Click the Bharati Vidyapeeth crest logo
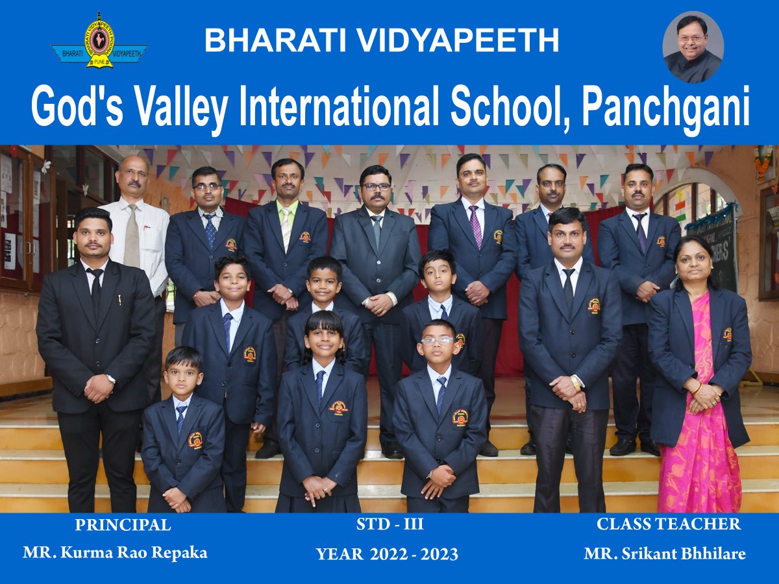coord(99,42)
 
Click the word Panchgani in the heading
coord(665,106)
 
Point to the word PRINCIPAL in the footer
coord(123,525)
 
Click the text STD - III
coord(389,524)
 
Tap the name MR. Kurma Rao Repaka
coord(115,553)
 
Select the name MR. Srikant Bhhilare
coord(664,554)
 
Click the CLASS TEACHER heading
coord(669,524)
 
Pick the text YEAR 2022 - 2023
coord(387,554)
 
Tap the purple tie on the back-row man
coord(475,226)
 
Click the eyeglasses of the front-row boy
coord(438,341)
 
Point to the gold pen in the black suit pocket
coord(119,300)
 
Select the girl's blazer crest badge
coord(338,408)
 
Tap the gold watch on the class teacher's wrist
coord(575,383)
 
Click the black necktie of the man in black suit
coord(96,295)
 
